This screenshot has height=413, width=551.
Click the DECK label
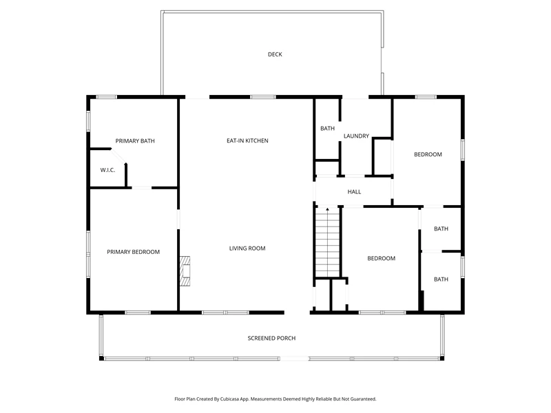coord(275,54)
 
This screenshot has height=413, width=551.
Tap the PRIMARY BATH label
coord(135,141)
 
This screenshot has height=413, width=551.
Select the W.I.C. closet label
coord(107,170)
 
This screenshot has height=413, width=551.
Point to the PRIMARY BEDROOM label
coord(133,252)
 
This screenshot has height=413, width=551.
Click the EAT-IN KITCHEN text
coord(247,140)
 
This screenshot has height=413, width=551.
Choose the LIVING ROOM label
coord(247,248)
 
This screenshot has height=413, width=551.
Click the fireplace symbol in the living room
coord(185,271)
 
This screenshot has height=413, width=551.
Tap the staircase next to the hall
coord(328,242)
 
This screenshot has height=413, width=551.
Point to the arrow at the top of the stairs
coord(328,210)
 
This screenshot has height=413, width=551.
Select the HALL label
coord(354,192)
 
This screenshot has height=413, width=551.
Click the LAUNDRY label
coord(356,136)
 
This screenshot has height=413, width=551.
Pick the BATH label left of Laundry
coord(328,129)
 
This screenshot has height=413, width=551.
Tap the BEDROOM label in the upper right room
coord(428,154)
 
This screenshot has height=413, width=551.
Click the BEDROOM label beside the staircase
coord(382,258)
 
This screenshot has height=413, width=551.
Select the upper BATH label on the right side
coord(441,229)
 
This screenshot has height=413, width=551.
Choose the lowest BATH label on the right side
coord(441,279)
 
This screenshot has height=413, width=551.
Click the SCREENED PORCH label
coord(271,338)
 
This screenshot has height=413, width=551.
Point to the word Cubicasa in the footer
coord(232,399)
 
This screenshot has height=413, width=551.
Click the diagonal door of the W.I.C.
coord(118,156)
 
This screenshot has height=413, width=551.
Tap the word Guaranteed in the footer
coord(364,399)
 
